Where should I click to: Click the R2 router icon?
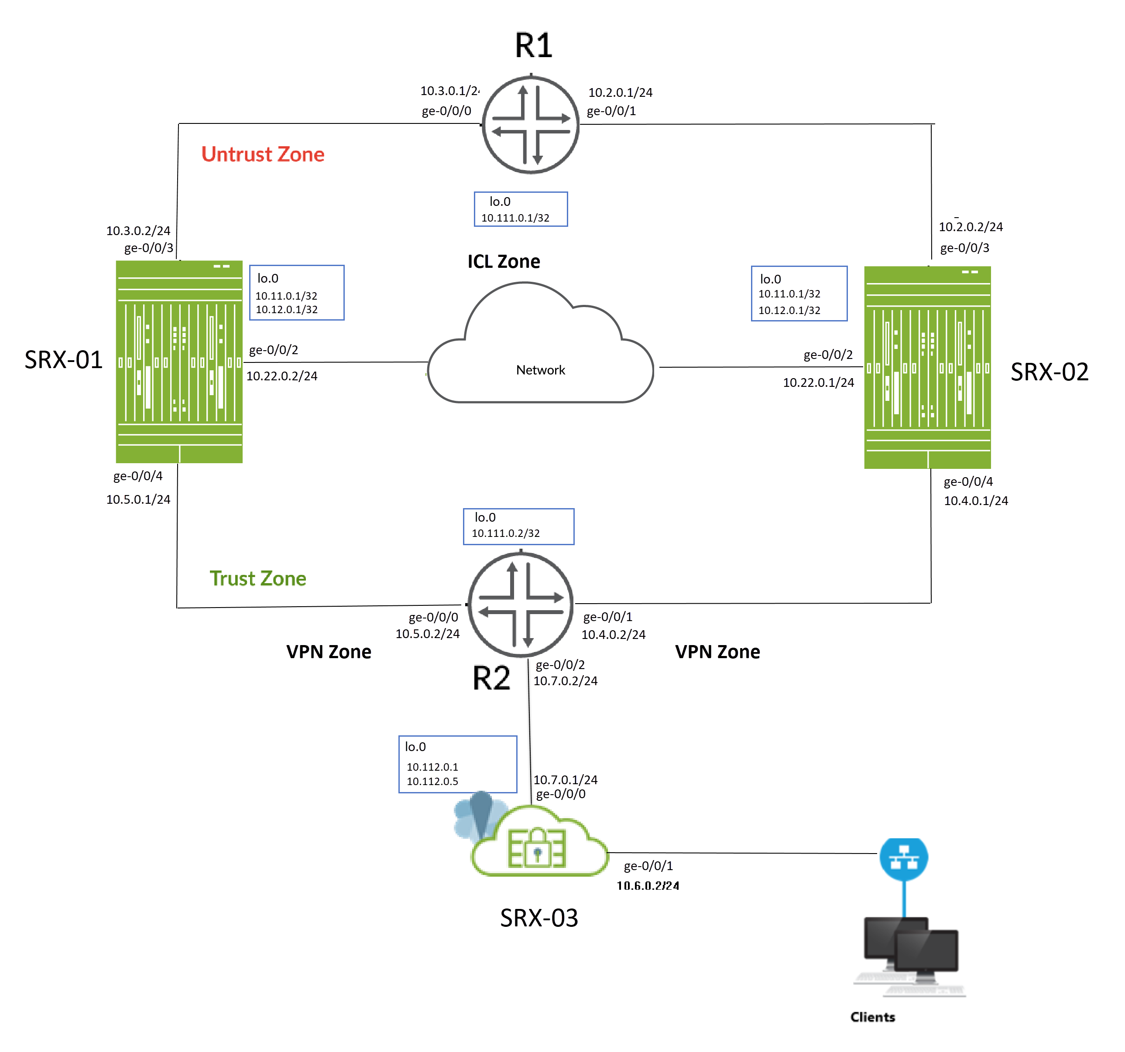(x=521, y=605)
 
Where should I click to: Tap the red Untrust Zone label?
(x=263, y=154)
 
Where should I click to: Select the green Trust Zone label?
(x=257, y=579)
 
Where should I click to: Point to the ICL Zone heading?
(x=504, y=261)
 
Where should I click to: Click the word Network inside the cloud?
(x=540, y=370)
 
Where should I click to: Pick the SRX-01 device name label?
(x=63, y=360)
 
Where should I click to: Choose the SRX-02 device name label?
(x=1050, y=372)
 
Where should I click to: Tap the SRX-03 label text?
(x=539, y=917)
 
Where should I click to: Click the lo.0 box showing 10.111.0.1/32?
(x=521, y=209)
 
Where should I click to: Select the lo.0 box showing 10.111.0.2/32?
(x=518, y=526)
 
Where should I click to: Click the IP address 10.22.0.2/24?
(x=282, y=376)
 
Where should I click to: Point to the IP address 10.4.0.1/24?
(x=976, y=501)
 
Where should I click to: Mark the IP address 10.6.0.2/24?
(x=648, y=886)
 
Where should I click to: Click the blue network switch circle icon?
(x=904, y=859)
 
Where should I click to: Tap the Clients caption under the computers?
(x=873, y=1017)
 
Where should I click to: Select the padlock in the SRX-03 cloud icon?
(x=537, y=850)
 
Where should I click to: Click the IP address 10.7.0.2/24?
(x=565, y=681)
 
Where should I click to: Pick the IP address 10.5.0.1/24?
(x=138, y=499)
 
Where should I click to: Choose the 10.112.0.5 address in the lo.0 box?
(x=432, y=782)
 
